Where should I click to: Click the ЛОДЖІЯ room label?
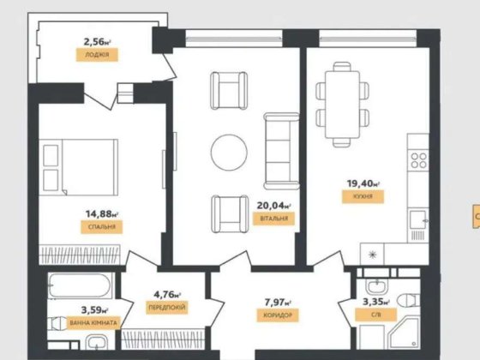tap(97, 53)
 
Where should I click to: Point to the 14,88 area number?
tap(102, 214)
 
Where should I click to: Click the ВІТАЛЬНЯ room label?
tap(275, 219)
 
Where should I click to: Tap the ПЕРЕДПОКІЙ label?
tap(168, 306)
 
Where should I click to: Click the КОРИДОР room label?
tap(278, 315)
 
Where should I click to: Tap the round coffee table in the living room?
tap(229, 152)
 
